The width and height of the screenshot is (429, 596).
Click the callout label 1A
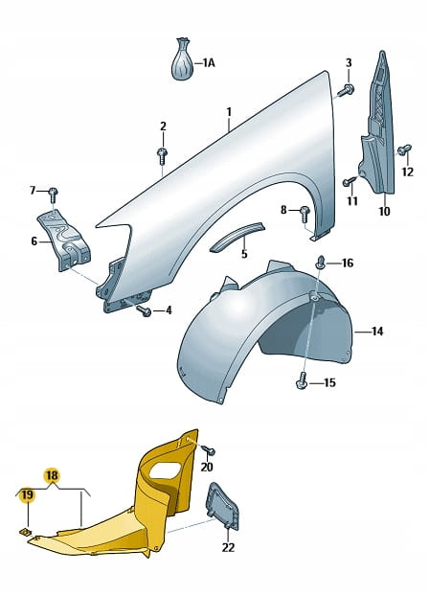tap(209, 62)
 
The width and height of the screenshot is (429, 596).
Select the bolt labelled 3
tap(347, 90)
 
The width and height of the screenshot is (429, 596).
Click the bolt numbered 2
tap(163, 155)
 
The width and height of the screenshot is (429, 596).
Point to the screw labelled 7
tap(53, 195)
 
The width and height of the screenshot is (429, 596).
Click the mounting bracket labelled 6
tap(63, 240)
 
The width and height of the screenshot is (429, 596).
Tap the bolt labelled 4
tap(145, 310)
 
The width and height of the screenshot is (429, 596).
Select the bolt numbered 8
tap(305, 215)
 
